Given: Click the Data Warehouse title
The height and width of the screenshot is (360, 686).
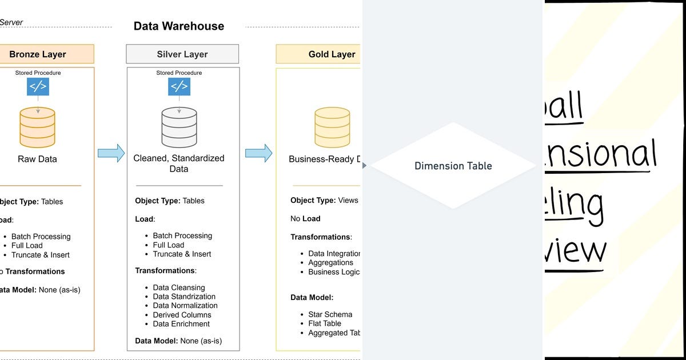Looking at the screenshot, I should pos(178,26).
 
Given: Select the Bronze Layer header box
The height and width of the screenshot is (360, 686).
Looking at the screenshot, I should pos(38,54).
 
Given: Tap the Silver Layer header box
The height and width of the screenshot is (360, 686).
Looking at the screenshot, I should pos(182,54).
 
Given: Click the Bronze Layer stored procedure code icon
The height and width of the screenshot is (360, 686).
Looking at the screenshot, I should pos(38,87).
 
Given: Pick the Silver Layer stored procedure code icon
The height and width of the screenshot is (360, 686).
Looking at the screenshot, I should pos(179,86).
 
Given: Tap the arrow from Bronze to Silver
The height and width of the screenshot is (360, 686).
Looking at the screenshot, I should pos(111,153).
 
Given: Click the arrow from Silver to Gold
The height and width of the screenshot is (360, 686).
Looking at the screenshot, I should pos(258,153).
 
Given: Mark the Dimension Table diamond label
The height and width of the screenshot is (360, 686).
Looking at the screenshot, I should pos(453,166).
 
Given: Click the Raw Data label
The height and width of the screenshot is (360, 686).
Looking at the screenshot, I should pos(38,159).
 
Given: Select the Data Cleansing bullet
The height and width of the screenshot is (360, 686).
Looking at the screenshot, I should pos(178,287).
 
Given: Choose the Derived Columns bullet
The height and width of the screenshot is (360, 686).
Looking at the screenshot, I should pos(182,315).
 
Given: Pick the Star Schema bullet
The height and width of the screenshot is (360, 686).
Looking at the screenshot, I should pos(330,314).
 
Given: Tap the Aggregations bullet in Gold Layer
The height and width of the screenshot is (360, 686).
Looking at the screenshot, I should pos(330,262).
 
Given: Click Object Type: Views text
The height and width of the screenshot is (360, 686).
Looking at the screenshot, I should pos(324,200).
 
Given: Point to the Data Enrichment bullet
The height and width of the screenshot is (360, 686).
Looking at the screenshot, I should pos(181,324).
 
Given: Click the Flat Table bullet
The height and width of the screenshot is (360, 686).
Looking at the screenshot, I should pos(324,323).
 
